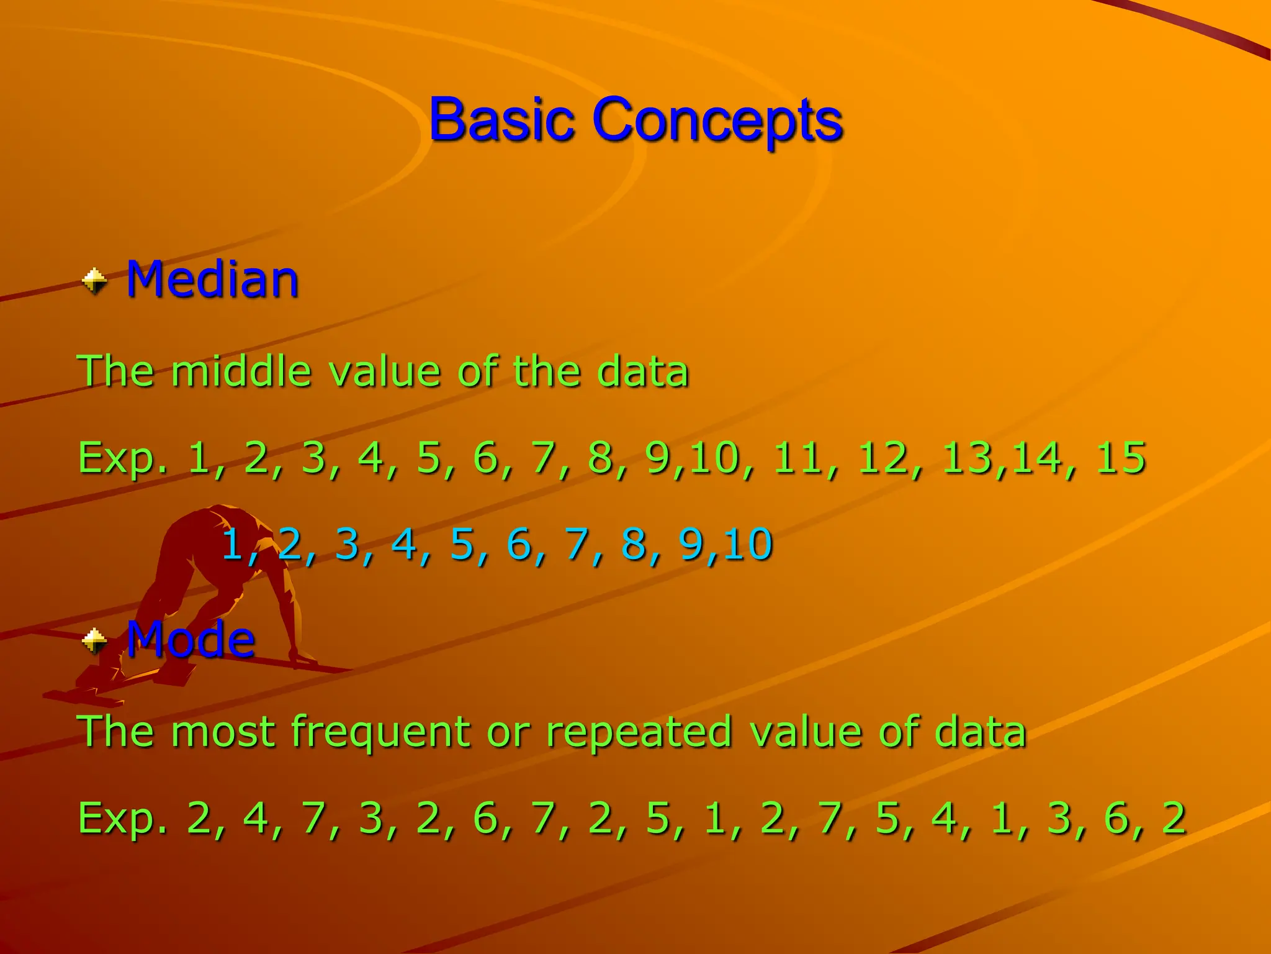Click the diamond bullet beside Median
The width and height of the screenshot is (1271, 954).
[94, 281]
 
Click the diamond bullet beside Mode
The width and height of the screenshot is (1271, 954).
[94, 640]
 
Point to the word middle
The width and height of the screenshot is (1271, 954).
[241, 371]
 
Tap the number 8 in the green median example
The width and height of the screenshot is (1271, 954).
[600, 458]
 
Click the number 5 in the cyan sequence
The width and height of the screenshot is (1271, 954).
[462, 544]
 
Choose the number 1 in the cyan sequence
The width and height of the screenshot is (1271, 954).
[233, 544]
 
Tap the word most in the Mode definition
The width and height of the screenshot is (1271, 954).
[223, 732]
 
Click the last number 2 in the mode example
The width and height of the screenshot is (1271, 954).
[1174, 818]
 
